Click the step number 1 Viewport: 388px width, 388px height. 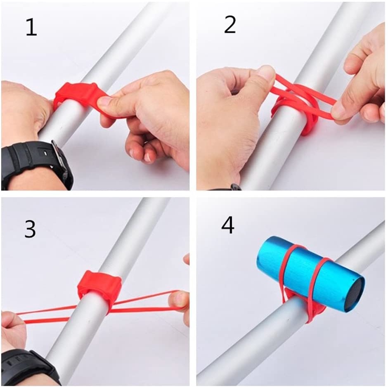[31, 28]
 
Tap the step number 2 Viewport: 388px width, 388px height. [229, 25]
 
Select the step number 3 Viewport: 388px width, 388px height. [30, 229]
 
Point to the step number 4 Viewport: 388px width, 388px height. [228, 225]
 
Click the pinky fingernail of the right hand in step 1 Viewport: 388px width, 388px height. [148, 156]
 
